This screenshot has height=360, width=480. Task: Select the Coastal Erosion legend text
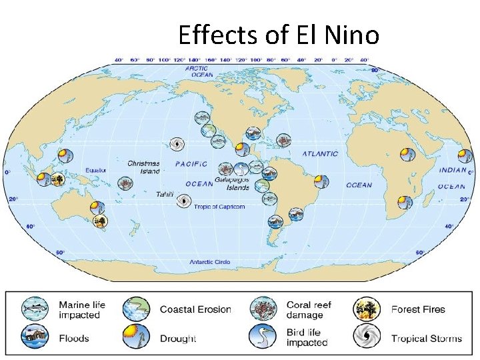[195, 309]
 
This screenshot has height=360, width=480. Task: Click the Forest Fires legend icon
[365, 309]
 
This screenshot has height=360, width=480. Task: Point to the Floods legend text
[74, 338]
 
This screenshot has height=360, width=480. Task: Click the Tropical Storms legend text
[426, 338]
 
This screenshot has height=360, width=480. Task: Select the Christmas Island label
[144, 167]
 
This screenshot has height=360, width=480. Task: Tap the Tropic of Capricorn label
[219, 207]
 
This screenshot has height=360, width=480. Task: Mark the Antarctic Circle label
[210, 262]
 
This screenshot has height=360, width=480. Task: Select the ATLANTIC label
[320, 153]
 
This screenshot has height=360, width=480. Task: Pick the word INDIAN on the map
[453, 170]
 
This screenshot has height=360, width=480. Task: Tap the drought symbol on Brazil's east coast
[321, 181]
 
